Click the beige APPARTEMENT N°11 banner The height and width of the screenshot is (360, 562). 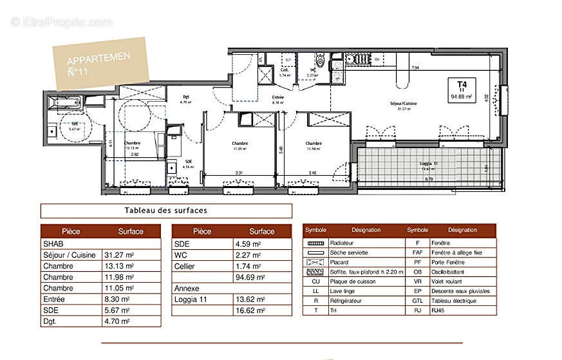coord(100,64)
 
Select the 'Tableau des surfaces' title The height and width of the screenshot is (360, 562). coord(165,211)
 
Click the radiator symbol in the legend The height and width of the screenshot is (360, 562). coord(315,243)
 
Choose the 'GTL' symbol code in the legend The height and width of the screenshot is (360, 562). coord(417,301)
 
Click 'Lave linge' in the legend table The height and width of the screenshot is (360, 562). coord(344,291)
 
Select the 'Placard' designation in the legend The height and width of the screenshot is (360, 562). coord(340,262)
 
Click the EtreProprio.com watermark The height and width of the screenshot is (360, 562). coord(62,22)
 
